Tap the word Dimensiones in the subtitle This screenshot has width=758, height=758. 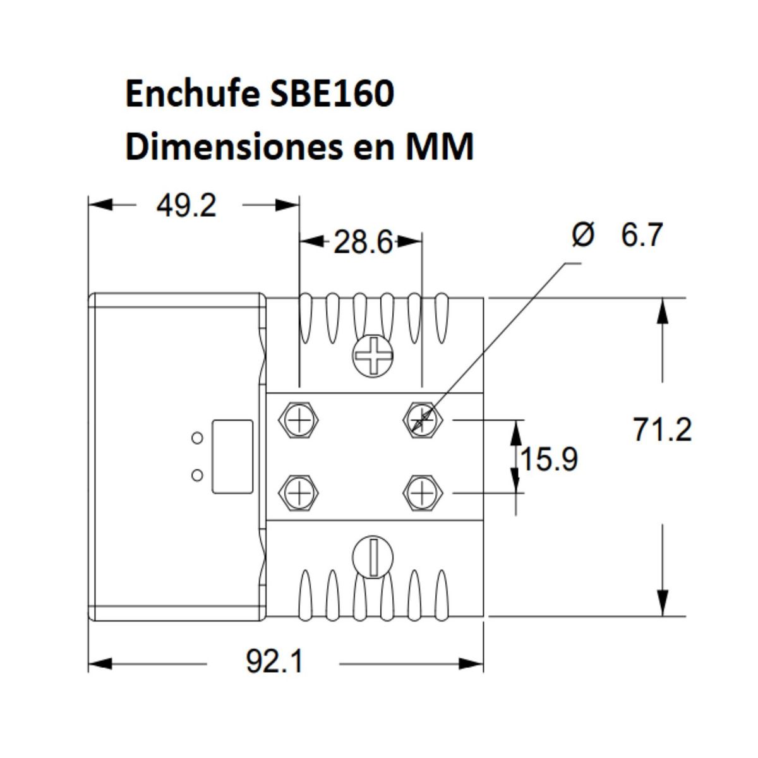(231, 148)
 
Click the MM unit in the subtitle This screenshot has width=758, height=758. (439, 148)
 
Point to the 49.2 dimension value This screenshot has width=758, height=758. (186, 206)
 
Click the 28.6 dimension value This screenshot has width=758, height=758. (363, 243)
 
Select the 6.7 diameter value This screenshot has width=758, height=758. (641, 236)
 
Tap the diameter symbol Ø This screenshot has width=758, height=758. (582, 236)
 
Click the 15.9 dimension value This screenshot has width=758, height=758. (548, 459)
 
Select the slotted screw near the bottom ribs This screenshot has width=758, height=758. (373, 556)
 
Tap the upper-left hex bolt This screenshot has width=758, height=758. (298, 419)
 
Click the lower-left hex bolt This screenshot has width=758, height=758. (298, 492)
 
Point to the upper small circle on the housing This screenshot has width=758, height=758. (197, 437)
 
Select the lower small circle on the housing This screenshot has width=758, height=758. (197, 475)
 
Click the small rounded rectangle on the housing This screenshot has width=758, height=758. (232, 456)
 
